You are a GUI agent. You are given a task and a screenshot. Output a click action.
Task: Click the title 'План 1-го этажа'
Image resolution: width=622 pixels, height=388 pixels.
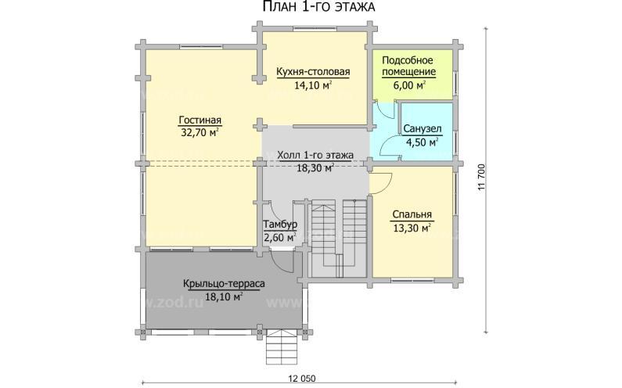pos(319,6)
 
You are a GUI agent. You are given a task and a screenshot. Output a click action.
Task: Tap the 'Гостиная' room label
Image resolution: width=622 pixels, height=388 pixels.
pos(200,120)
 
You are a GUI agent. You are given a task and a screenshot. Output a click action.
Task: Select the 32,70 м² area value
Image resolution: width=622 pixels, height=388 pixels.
pos(200,132)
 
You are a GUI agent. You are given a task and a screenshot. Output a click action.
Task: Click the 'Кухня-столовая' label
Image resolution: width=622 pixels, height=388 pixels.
pos(313,71)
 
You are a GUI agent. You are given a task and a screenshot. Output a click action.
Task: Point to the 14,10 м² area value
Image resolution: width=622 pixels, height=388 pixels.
pos(313,85)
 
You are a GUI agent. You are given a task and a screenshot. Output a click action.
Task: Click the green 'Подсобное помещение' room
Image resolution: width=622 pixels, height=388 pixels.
pos(412,74)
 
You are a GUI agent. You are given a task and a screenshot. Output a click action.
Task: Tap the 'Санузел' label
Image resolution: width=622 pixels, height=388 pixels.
pos(422,129)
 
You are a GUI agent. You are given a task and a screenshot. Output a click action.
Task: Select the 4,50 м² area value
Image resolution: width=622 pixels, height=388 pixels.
pos(422,142)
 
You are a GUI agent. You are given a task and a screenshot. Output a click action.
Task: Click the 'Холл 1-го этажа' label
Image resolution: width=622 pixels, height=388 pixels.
pos(315,155)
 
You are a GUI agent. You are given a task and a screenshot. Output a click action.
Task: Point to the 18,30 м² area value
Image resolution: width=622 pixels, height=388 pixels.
pos(315,168)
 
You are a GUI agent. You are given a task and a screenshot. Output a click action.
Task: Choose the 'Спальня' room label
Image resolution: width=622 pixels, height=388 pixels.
pos(412,214)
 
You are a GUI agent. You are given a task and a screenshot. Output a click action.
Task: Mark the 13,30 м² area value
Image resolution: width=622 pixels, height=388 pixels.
pos(412,228)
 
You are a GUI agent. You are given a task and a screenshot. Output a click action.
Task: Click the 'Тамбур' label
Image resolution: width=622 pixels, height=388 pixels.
pos(280,225)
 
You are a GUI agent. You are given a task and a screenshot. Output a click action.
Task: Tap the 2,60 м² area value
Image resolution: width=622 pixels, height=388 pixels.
pos(280,238)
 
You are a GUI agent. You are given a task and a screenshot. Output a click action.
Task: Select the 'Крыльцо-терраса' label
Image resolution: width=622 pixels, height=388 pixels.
pos(224,284)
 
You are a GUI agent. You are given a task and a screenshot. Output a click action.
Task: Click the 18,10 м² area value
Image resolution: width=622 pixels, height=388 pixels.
pos(224,296)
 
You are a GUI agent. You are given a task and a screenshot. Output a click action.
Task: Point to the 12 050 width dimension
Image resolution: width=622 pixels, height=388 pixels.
pos(302,379)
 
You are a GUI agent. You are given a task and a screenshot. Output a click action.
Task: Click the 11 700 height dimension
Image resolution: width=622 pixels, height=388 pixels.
pos(482,178)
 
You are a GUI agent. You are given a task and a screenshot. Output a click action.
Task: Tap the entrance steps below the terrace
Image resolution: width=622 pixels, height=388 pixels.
pos(281,347)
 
